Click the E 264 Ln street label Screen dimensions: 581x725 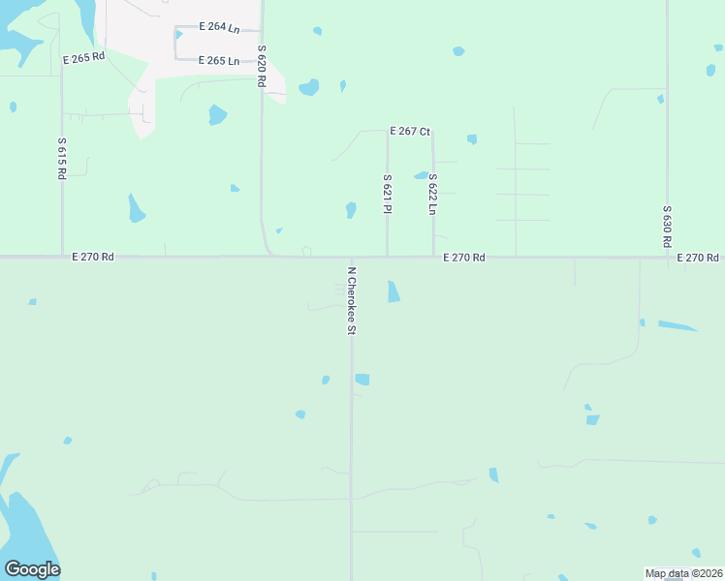pyautogui.click(x=219, y=27)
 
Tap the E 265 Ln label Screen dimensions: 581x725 pyautogui.click(x=219, y=61)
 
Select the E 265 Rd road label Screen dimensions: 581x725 pyautogui.click(x=83, y=58)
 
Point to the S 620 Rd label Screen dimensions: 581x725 pyautogui.click(x=261, y=66)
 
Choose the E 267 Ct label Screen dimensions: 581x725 pyautogui.click(x=410, y=131)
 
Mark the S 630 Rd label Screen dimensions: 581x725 pyautogui.click(x=667, y=225)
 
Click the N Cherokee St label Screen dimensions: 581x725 pyautogui.click(x=352, y=301)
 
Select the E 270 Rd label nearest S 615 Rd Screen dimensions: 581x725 pyautogui.click(x=93, y=258)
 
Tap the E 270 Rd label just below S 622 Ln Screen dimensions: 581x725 pyautogui.click(x=464, y=258)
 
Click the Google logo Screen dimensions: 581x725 pyautogui.click(x=32, y=569)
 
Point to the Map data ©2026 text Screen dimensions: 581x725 pyautogui.click(x=683, y=573)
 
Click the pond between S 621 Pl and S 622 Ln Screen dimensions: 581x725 pyautogui.click(x=421, y=176)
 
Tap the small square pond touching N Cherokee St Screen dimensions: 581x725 pyautogui.click(x=362, y=380)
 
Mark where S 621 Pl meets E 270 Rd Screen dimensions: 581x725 pyautogui.click(x=388, y=258)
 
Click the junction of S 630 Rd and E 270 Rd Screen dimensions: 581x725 pyautogui.click(x=668, y=258)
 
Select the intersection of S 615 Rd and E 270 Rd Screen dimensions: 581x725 pyautogui.click(x=63, y=258)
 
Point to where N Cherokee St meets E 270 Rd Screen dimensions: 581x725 pyautogui.click(x=351, y=259)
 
